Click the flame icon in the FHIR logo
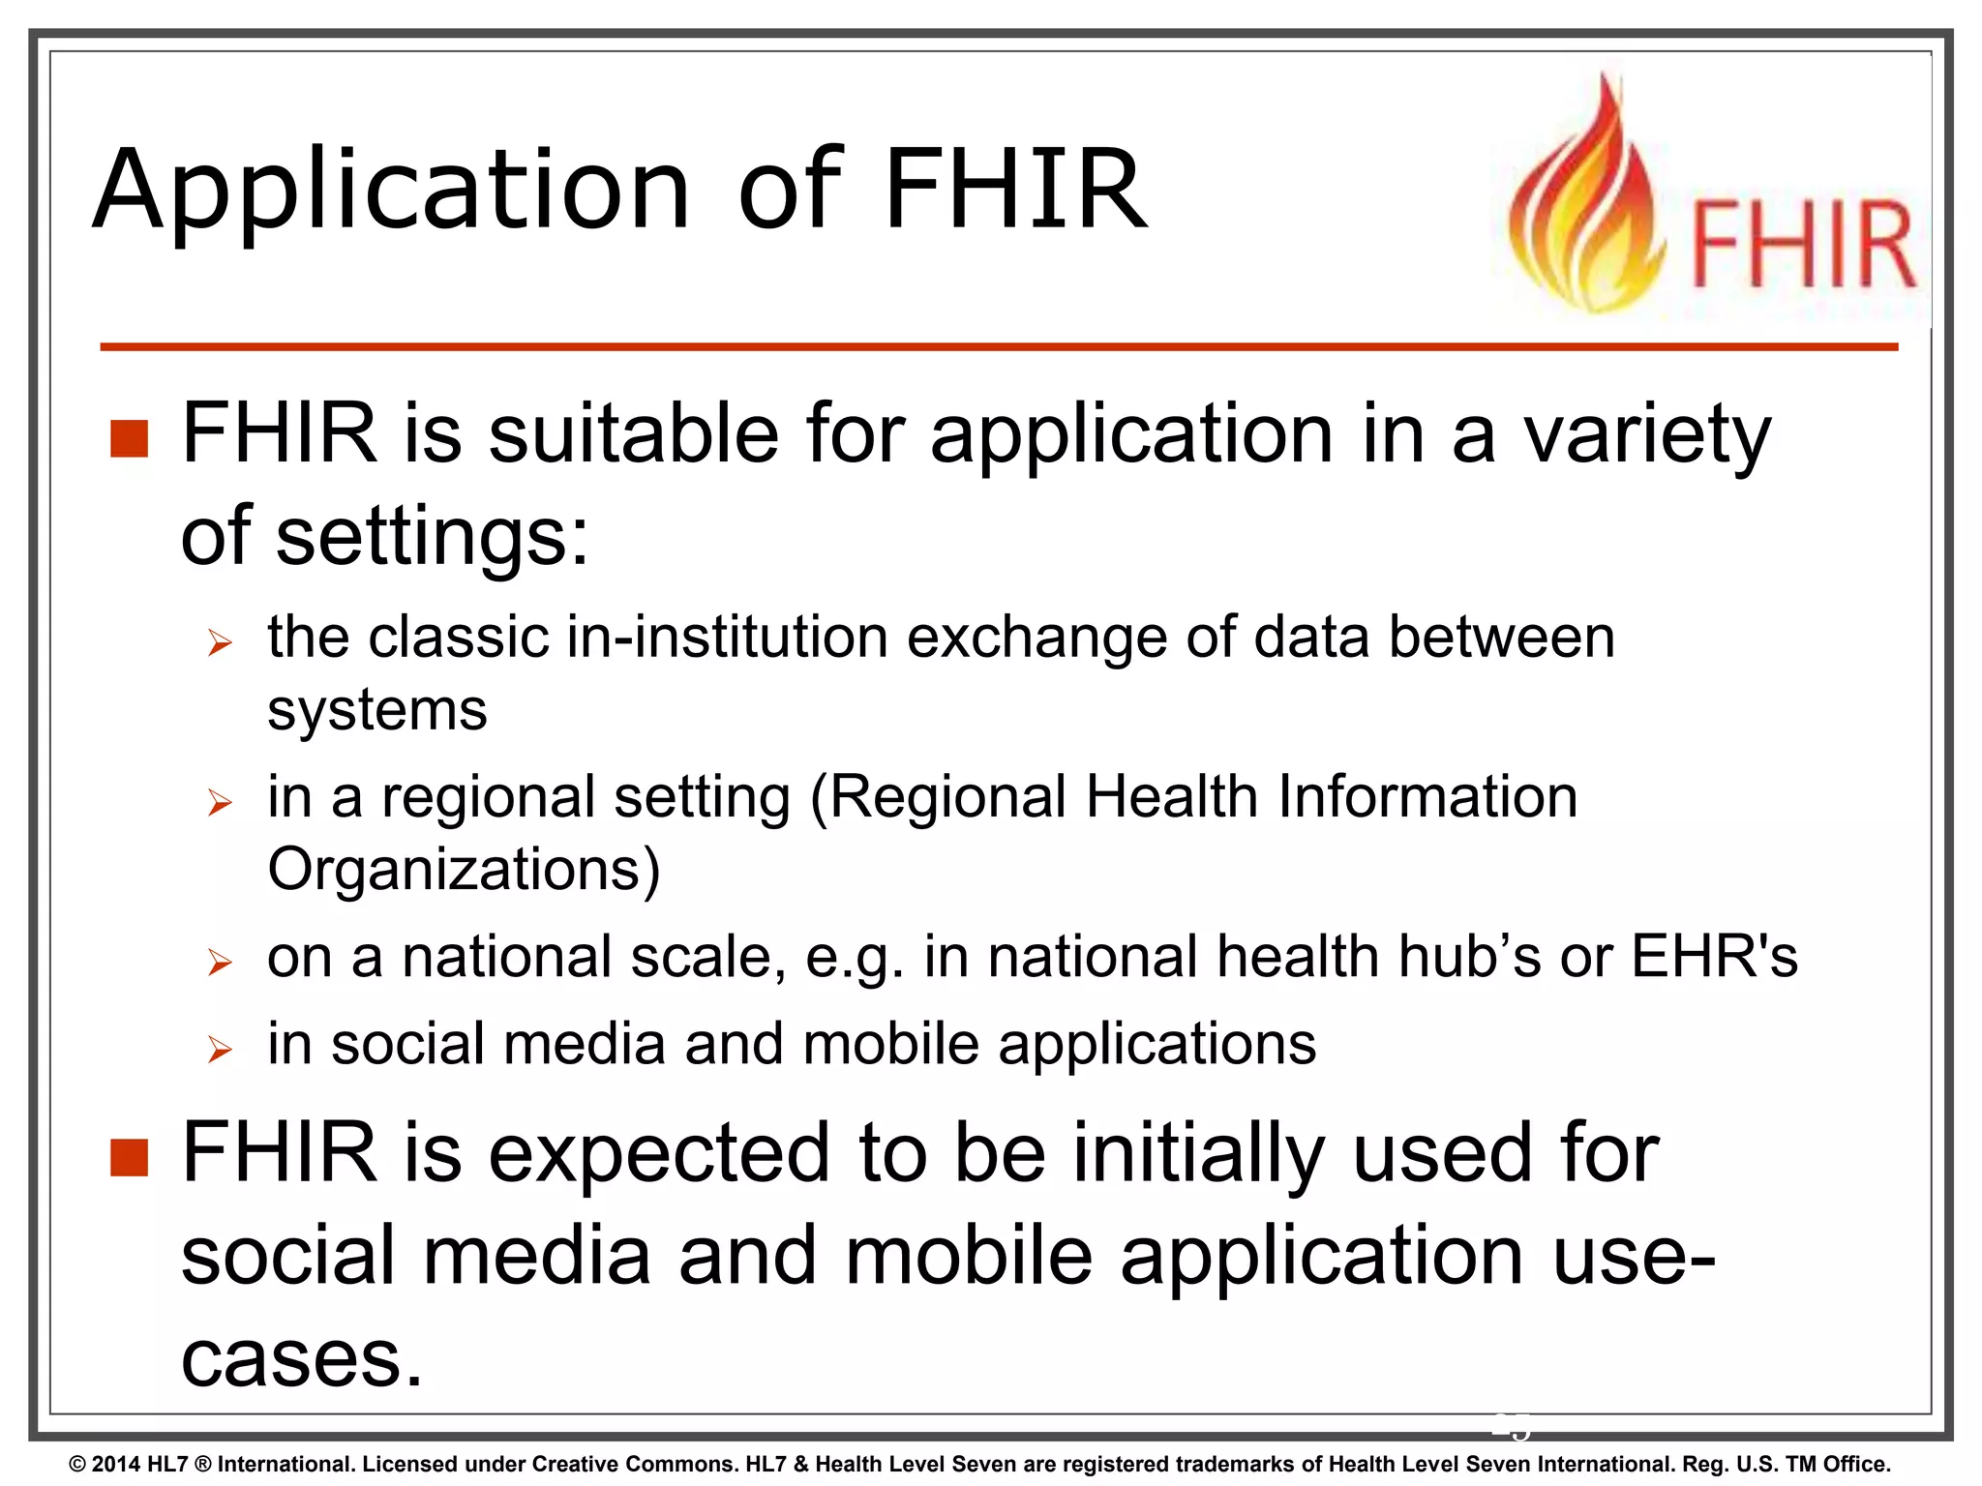point(1586,203)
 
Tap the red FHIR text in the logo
point(1803,244)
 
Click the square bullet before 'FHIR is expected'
point(129,1157)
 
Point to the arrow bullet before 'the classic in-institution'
point(221,642)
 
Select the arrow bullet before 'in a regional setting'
point(221,802)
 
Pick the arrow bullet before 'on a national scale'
point(221,962)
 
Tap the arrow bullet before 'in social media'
point(221,1049)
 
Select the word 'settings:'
point(433,538)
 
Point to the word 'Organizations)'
point(464,870)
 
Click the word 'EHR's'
point(1714,957)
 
